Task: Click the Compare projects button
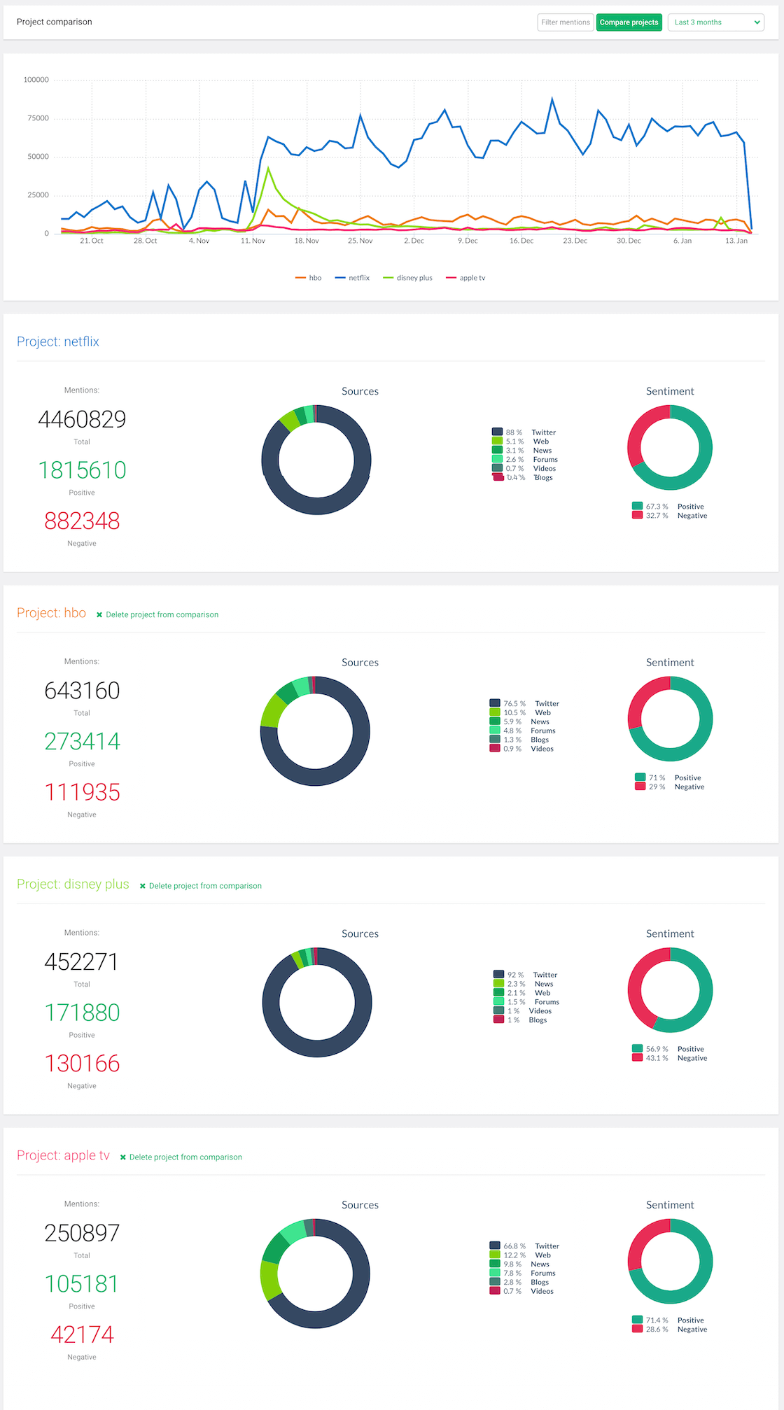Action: tap(629, 22)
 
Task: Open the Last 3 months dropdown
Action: tap(715, 22)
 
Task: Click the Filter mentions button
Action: tap(565, 22)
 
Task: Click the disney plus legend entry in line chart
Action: tap(408, 278)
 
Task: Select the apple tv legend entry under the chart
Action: tap(466, 278)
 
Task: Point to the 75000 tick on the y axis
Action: tap(38, 118)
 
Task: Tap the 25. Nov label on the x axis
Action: tap(360, 241)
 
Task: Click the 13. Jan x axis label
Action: tap(736, 241)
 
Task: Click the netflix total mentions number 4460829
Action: tap(82, 419)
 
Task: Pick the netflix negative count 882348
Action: tap(82, 521)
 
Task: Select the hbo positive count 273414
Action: tap(82, 741)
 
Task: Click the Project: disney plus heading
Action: tap(73, 884)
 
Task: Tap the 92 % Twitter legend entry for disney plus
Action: tap(526, 975)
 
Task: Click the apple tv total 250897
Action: tap(82, 1232)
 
